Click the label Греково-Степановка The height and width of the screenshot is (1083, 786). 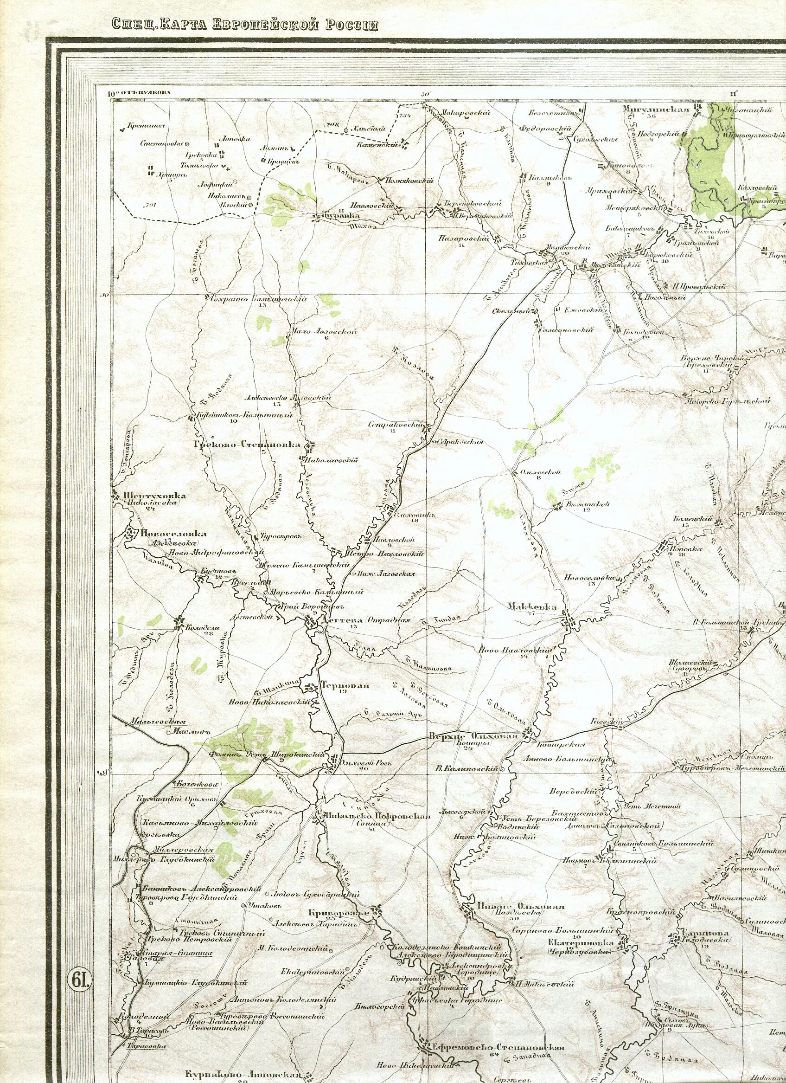[x=247, y=445]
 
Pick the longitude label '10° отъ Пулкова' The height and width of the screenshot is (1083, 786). [x=138, y=94]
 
